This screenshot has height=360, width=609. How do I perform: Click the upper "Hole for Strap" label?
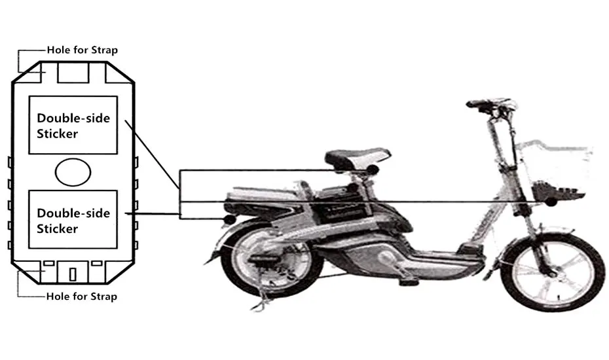[x=82, y=50]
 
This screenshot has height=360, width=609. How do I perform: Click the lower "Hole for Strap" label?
[x=81, y=297]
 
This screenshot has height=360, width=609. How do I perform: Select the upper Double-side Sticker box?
[x=73, y=125]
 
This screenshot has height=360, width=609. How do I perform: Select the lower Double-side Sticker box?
[x=73, y=220]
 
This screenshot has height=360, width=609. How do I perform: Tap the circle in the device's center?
[x=73, y=172]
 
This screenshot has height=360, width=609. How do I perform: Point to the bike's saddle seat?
[x=357, y=156]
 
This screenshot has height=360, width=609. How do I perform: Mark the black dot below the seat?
[x=373, y=170]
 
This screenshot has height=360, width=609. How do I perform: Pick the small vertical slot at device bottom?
[x=73, y=273]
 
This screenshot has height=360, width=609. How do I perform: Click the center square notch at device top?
[x=73, y=73]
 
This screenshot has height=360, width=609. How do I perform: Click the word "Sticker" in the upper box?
[x=58, y=134]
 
